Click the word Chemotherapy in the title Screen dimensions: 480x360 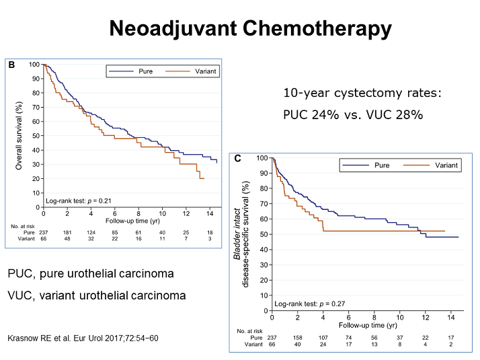coord(317,29)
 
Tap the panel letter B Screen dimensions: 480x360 coord(11,65)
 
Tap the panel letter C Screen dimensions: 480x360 coord(237,158)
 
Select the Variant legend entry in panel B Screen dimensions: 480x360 coord(191,71)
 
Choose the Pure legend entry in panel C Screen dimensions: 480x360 coord(366,166)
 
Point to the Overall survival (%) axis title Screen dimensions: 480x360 coord(19,136)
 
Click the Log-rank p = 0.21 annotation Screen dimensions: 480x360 coord(79,201)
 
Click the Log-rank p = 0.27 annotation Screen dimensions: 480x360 coord(309,304)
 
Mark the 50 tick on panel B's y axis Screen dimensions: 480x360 coord(36,136)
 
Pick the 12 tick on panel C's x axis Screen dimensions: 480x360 coord(426,318)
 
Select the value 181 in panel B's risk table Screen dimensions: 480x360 coord(67,233)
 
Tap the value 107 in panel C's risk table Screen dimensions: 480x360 coord(323,338)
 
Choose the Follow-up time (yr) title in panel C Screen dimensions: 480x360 coord(368,326)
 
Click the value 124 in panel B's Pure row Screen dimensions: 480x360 coord(91,233)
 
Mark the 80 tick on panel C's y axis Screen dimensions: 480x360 coord(264,188)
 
